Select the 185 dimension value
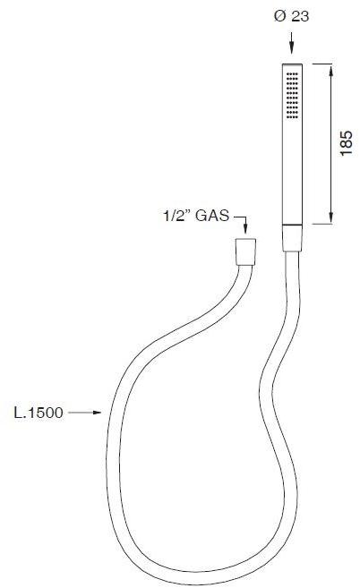(348, 142)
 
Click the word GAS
(211, 216)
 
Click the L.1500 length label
(38, 413)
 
